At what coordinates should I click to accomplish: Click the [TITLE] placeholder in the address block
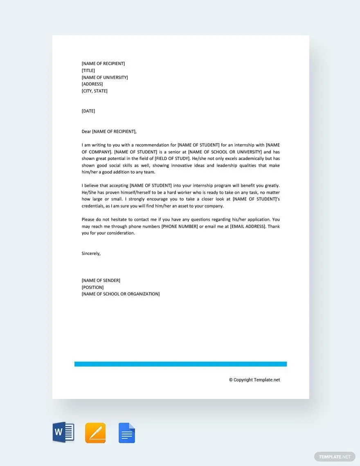click(88, 70)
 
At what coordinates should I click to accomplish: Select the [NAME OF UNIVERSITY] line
click(105, 77)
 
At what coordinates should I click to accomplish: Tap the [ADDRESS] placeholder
click(92, 84)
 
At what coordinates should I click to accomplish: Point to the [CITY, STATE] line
click(94, 91)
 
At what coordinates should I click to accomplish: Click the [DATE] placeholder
click(88, 111)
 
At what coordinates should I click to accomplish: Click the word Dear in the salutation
click(86, 131)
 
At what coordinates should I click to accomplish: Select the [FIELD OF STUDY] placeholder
click(172, 158)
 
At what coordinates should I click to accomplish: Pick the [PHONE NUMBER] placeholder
click(180, 226)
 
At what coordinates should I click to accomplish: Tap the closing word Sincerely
click(91, 253)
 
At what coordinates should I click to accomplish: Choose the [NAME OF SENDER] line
click(101, 280)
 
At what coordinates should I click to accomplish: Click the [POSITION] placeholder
click(92, 287)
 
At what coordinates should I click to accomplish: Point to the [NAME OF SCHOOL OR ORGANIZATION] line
click(121, 294)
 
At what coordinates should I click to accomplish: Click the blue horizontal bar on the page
click(180, 364)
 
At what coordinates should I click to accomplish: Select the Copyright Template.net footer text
click(254, 380)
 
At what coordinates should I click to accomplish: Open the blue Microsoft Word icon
click(63, 432)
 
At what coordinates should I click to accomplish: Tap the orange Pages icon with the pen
click(95, 432)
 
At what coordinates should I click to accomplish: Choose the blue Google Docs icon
click(127, 433)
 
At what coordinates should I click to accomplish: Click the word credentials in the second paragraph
click(94, 206)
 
